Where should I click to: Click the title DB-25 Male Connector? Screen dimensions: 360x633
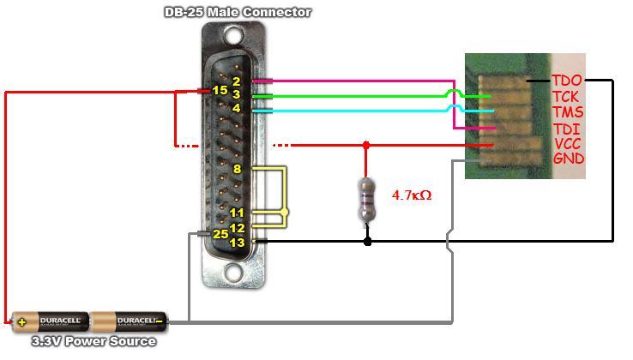237,12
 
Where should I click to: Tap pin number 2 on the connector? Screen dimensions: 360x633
236,81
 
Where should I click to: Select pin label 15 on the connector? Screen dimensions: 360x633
220,91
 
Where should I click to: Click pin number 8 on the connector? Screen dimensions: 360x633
237,170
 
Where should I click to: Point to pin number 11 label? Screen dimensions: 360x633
237,213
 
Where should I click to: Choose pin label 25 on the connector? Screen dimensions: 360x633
220,233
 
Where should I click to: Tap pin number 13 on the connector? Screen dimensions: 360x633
237,243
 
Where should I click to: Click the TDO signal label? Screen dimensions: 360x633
568,81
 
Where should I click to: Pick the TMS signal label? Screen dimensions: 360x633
568,112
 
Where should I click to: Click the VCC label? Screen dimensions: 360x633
569,144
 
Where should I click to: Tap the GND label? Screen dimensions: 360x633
569,159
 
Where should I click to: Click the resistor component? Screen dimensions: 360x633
367,199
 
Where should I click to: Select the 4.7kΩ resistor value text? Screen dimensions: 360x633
412,195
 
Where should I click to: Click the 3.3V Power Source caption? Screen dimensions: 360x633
93,341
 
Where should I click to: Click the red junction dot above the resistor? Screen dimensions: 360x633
367,146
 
